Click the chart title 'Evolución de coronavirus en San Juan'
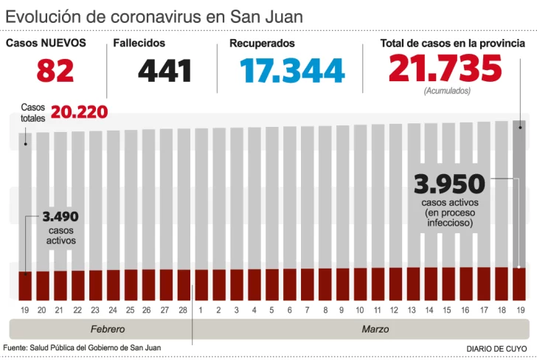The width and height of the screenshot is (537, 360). (153, 16)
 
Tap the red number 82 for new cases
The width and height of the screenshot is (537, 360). (55, 71)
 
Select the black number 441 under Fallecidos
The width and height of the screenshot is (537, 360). (164, 71)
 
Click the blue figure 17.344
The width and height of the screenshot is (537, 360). (292, 71)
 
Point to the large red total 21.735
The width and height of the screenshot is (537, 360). (445, 69)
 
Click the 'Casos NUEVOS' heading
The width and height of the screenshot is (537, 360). (46, 44)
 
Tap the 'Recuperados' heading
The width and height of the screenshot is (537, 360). (262, 44)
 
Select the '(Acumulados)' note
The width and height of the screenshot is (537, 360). (446, 91)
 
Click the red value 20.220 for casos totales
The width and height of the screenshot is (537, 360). (79, 113)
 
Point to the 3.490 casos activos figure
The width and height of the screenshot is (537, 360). (60, 217)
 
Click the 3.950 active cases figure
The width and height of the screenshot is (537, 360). (449, 184)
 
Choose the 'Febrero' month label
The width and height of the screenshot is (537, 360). (108, 329)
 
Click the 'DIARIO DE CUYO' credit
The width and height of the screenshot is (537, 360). (496, 348)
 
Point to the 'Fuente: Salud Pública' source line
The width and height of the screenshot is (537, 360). (82, 347)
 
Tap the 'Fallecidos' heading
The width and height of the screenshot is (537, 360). (139, 44)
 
